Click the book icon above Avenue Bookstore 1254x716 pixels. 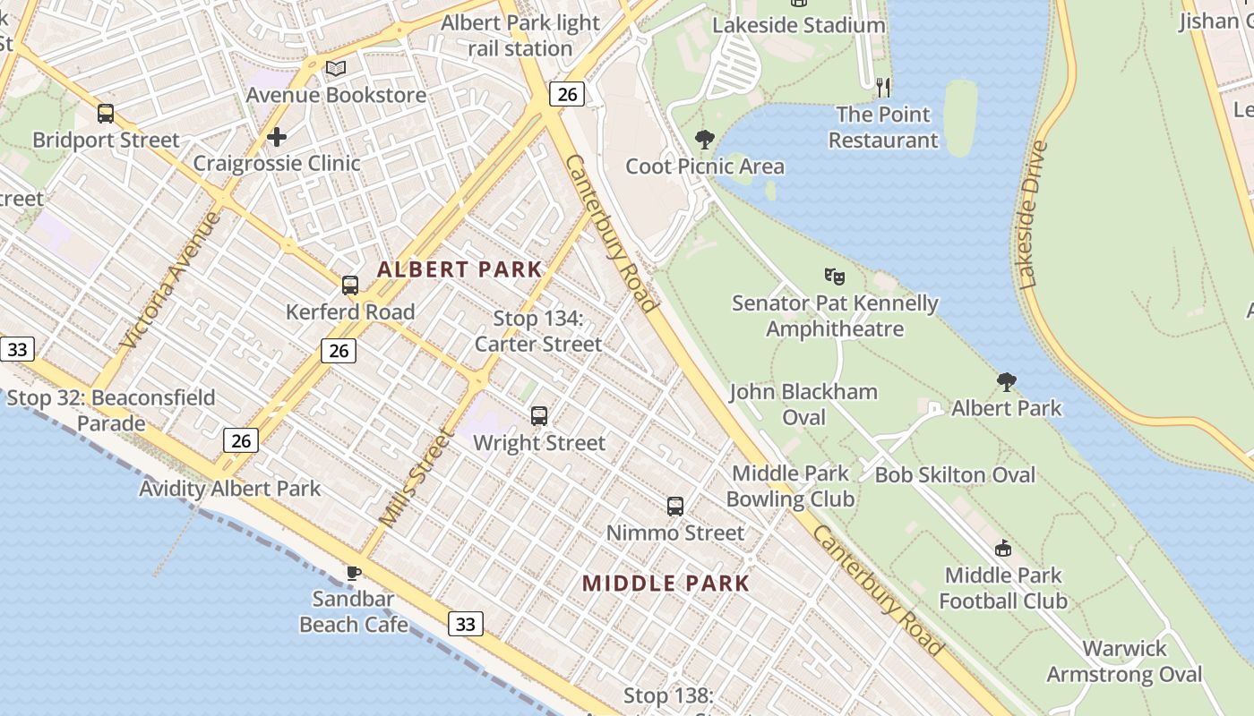click(x=336, y=68)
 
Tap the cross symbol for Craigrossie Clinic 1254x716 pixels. click(x=277, y=137)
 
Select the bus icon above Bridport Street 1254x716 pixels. click(x=106, y=114)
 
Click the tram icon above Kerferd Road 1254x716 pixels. click(x=350, y=286)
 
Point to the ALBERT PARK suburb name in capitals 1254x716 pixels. click(x=460, y=269)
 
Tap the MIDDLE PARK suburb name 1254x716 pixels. click(x=666, y=584)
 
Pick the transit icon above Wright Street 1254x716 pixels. click(x=539, y=416)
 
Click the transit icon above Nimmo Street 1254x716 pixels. click(x=675, y=507)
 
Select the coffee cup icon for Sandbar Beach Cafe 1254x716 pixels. click(x=354, y=573)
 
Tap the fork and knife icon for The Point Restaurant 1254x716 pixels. click(x=883, y=87)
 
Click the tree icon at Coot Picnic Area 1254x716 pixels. click(x=705, y=140)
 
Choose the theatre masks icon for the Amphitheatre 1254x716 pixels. click(x=835, y=277)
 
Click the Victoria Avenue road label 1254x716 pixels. click(x=170, y=279)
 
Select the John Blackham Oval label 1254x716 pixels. click(x=803, y=405)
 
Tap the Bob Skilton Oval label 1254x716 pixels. click(x=955, y=475)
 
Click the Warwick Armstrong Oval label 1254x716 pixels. click(x=1124, y=661)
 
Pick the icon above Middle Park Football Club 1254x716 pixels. click(x=1003, y=549)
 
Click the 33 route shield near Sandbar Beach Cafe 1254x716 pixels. click(x=466, y=624)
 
